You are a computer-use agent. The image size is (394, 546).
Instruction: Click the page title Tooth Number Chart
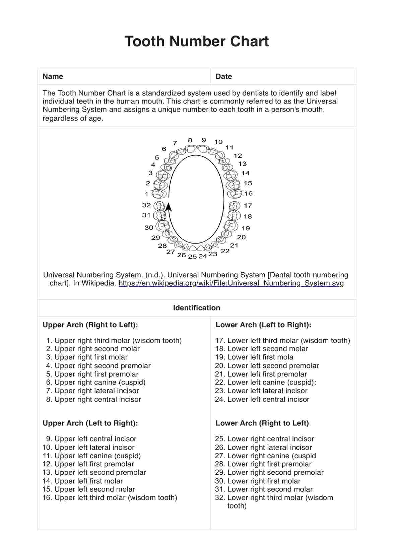[x=197, y=42]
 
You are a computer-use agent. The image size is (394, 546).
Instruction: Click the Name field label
[x=53, y=76]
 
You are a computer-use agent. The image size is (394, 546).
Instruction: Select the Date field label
[x=223, y=76]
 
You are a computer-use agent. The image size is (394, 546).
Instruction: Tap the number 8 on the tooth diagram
[x=190, y=140]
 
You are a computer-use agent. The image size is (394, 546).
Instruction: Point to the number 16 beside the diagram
[x=248, y=193]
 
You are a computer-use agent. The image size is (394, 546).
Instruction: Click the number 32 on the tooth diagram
[x=146, y=205]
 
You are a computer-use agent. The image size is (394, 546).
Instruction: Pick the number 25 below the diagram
[x=192, y=257]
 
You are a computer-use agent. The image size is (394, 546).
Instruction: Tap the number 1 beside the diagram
[x=146, y=194]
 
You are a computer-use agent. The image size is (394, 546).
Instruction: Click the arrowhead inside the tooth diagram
[x=169, y=207]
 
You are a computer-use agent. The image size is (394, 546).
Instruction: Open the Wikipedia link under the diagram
[x=231, y=283]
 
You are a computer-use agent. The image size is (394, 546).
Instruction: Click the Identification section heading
[x=197, y=308]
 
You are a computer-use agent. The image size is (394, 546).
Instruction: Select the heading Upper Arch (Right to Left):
[x=90, y=325]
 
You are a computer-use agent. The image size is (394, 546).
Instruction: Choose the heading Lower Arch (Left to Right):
[x=263, y=325]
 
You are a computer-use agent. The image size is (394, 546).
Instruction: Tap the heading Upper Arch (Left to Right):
[x=90, y=423]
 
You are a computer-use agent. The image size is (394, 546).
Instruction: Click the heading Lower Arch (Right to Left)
[x=262, y=423]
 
